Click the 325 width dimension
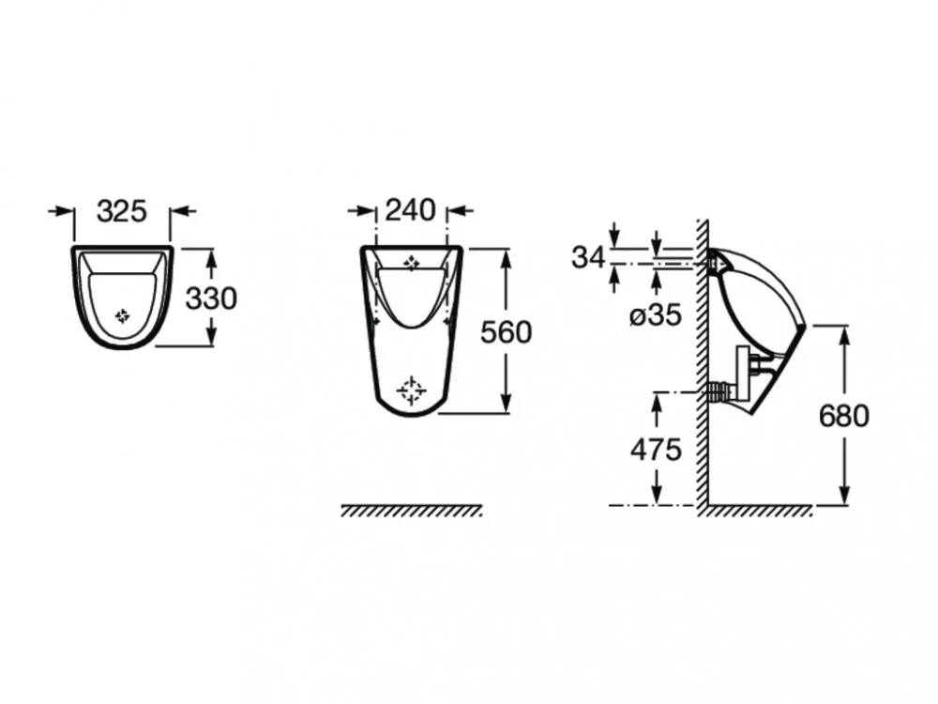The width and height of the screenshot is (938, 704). pos(121,210)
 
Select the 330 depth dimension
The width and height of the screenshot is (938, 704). pos(210,298)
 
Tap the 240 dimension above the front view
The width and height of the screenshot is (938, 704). pos(411,210)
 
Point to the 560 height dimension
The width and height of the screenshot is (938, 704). pos(507,332)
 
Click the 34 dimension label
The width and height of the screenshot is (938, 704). pos(589,257)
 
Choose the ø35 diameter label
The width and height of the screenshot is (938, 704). pos(656,314)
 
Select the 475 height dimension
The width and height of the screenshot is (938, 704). pos(656,449)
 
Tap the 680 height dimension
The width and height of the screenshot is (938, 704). pos(843,416)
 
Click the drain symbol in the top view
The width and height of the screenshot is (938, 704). pos(122,316)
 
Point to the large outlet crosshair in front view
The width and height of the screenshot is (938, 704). pos(412,390)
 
